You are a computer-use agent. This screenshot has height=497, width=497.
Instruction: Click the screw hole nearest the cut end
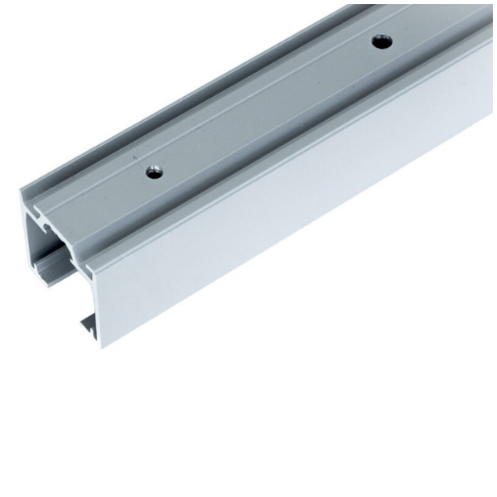(154, 172)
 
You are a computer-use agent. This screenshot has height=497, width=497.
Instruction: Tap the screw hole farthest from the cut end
(381, 40)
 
